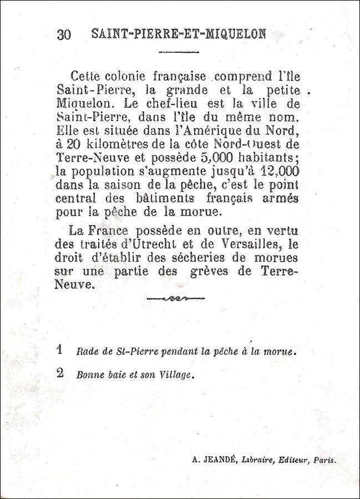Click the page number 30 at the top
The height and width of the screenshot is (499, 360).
tap(63, 34)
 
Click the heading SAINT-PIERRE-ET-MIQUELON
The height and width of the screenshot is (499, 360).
tap(178, 33)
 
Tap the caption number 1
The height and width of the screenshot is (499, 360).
tap(60, 350)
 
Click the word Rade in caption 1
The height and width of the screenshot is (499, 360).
tap(87, 352)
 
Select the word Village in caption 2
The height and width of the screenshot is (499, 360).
tap(176, 374)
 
